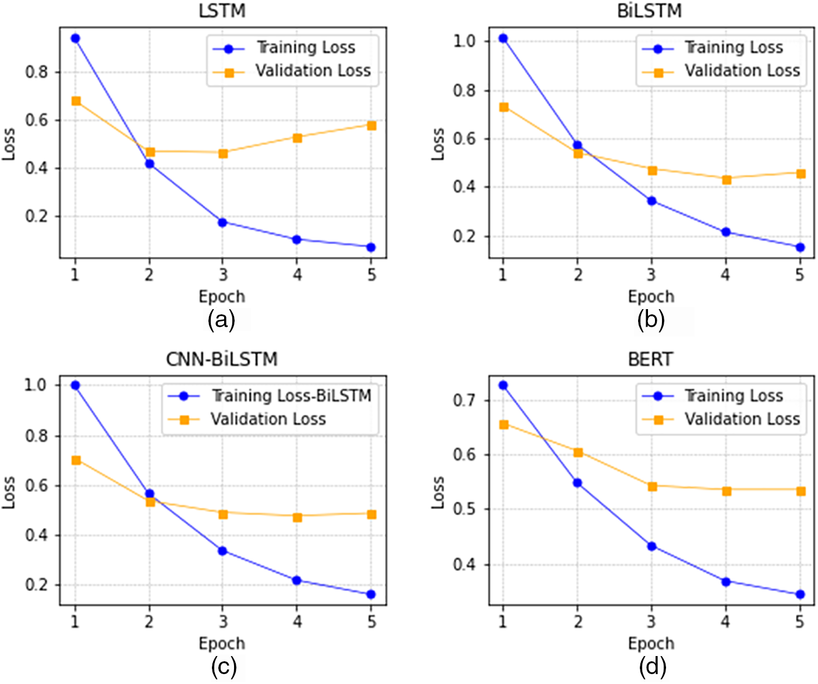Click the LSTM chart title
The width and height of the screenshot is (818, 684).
[x=222, y=10]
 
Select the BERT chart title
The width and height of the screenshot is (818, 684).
[x=650, y=359]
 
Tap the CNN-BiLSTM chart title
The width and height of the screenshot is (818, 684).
[x=222, y=359]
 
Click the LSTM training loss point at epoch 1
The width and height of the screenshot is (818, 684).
[x=75, y=38]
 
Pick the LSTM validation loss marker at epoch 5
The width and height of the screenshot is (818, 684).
[x=371, y=125]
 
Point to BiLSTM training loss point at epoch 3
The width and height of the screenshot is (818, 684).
[x=651, y=201]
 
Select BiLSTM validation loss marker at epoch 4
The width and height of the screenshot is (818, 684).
[x=726, y=180]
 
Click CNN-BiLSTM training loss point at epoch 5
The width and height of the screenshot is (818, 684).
[x=371, y=594]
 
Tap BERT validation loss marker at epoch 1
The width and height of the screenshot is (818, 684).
[x=504, y=424]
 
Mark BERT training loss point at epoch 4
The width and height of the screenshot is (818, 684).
[x=726, y=582]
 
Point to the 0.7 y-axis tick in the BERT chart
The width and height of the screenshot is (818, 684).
[x=464, y=401]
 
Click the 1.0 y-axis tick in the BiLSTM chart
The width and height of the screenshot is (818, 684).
[x=464, y=41]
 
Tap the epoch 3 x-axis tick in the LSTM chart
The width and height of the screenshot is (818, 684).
[x=223, y=274]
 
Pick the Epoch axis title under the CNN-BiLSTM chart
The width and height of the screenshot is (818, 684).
[x=222, y=643]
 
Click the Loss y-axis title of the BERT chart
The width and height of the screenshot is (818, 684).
[x=438, y=492]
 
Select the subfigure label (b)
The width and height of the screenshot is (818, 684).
[x=650, y=320]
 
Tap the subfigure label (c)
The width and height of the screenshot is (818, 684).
[x=224, y=668]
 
